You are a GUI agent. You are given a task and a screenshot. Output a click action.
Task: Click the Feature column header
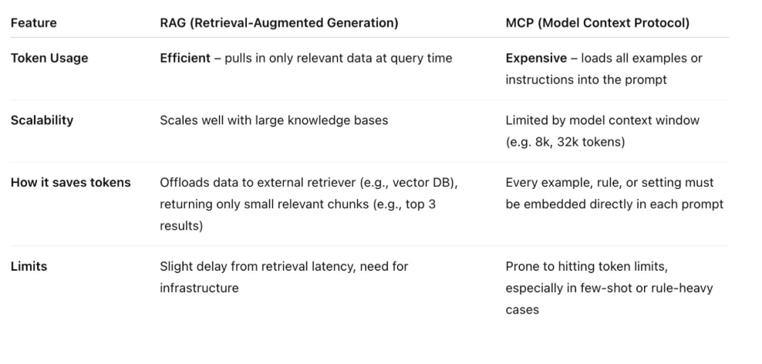33,23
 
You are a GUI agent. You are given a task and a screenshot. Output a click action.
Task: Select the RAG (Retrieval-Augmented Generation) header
278,23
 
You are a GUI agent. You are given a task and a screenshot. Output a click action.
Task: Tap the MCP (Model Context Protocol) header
597,23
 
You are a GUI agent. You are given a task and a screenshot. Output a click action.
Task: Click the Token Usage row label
49,59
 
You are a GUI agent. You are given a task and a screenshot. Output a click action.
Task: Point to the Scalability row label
42,120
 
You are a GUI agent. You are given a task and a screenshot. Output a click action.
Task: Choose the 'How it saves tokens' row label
70,183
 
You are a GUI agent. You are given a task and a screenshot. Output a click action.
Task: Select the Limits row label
29,266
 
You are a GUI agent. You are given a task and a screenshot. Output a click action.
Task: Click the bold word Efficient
185,59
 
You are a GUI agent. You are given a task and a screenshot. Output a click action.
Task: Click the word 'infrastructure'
199,288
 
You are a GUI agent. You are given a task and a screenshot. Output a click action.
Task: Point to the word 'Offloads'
184,183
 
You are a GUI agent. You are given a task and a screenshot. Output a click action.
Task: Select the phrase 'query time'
422,59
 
